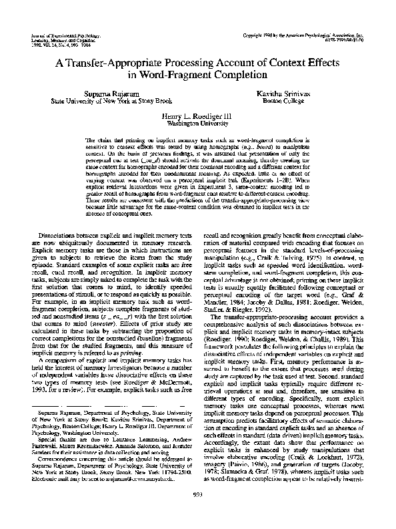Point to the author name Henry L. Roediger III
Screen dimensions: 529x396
pyautogui.click(x=198, y=116)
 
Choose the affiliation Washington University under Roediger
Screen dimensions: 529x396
pyautogui.click(x=198, y=123)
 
